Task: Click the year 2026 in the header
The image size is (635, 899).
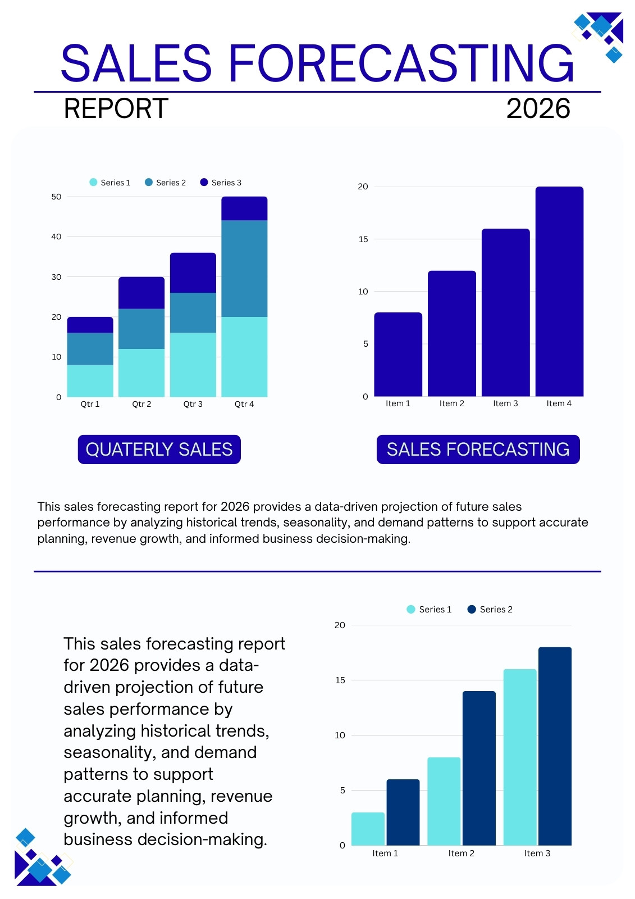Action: coord(538,108)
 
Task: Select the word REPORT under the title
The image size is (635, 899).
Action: coord(116,108)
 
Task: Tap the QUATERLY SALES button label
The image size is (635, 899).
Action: coord(159,449)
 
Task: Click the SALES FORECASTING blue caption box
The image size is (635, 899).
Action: coord(478,449)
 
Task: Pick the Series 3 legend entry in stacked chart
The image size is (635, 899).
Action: coord(221,182)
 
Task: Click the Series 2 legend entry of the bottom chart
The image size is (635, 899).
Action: coord(490,609)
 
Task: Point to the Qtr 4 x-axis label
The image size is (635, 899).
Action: coord(244,404)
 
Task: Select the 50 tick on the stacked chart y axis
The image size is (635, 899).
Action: coord(56,197)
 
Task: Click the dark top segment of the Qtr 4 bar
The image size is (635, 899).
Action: coord(244,208)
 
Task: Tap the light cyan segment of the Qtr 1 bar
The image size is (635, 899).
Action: coord(90,380)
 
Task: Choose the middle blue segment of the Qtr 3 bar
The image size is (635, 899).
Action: coord(193,312)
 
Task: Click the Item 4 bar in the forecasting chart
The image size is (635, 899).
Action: coord(559,292)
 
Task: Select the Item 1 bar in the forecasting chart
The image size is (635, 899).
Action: coord(398,355)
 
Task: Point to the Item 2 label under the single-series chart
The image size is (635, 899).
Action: coord(451,403)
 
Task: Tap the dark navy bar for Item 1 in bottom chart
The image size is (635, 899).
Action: coord(403,812)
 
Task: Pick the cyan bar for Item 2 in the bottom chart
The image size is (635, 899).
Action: coord(444,801)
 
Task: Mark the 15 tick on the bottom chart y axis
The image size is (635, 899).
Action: coord(340,680)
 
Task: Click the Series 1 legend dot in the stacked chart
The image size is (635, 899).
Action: coord(93,182)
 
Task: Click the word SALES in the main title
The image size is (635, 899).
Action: coord(136,63)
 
